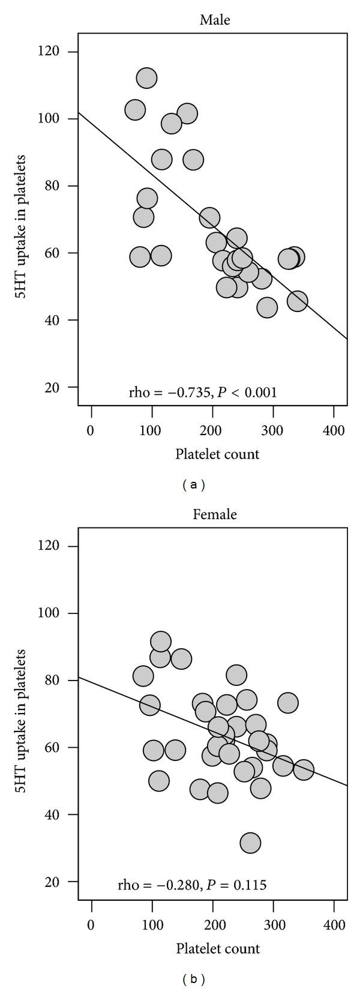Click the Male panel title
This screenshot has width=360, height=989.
click(215, 20)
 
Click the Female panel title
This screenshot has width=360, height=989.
click(215, 514)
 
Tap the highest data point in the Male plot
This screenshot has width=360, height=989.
click(146, 78)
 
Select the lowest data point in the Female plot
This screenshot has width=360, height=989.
click(250, 843)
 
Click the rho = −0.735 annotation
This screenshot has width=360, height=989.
click(203, 393)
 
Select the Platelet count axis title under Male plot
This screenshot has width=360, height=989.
click(217, 454)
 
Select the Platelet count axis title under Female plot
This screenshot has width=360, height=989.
click(217, 949)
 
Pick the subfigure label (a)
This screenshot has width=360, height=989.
click(193, 485)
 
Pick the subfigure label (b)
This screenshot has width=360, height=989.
click(193, 979)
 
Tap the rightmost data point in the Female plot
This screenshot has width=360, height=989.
click(304, 770)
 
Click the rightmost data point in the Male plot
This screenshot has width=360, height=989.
click(297, 301)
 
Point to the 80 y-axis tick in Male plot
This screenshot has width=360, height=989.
click(62, 186)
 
